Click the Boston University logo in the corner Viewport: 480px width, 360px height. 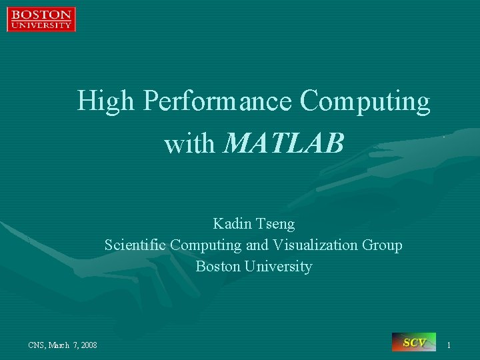pyautogui.click(x=41, y=19)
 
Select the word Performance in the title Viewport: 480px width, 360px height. pyautogui.click(x=218, y=102)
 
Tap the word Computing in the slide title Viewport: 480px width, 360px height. pyautogui.click(x=365, y=102)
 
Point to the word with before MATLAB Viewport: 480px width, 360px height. pyautogui.click(x=191, y=143)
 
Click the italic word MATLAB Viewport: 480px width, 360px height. pyautogui.click(x=285, y=143)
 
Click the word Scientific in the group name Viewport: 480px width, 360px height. pyautogui.click(x=135, y=245)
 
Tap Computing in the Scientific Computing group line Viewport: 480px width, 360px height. pyautogui.click(x=206, y=245)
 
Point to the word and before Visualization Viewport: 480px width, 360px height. pyautogui.click(x=257, y=245)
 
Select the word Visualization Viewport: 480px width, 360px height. pyautogui.click(x=315, y=245)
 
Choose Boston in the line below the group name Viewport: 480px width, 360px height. pyautogui.click(x=217, y=267)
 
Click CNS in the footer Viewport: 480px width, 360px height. pyautogui.click(x=37, y=345)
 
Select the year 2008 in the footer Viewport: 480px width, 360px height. pyautogui.click(x=88, y=345)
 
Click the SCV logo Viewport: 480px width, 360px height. pyautogui.click(x=414, y=342)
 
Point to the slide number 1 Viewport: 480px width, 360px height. pyautogui.click(x=449, y=345)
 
